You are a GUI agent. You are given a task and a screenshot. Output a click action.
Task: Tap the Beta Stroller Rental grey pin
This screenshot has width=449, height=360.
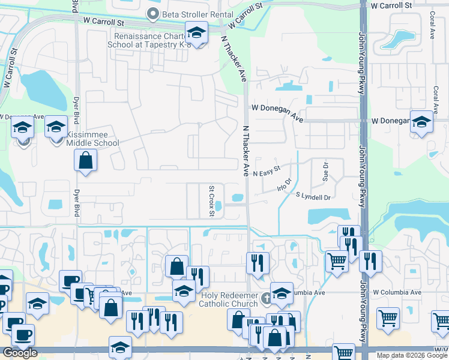(153, 13)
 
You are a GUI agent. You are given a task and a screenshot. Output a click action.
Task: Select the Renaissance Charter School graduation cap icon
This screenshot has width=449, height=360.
(196, 32)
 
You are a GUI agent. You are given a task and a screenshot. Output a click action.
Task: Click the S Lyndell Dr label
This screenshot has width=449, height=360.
(313, 197)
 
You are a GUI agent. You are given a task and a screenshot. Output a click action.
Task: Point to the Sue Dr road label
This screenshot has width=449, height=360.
(326, 172)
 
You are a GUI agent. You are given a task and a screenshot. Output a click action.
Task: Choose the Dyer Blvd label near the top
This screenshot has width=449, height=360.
(75, 9)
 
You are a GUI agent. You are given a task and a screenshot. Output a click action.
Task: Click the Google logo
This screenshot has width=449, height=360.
(20, 353)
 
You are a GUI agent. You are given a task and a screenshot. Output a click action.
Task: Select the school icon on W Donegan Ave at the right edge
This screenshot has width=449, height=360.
(421, 122)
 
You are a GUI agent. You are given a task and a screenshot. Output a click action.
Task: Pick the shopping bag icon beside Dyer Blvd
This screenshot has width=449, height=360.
(86, 160)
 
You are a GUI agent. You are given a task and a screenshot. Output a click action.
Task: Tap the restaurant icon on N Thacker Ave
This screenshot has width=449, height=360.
(258, 262)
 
